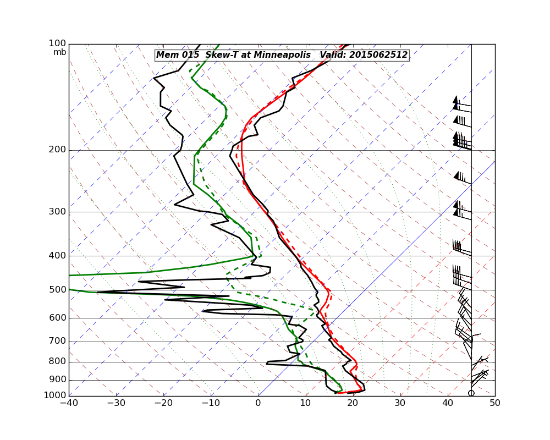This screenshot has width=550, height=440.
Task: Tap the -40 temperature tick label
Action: point(69,403)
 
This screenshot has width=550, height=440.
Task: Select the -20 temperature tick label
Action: point(163,403)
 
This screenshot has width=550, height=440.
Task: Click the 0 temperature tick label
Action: point(258,403)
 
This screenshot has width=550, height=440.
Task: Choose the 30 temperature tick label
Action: point(400,403)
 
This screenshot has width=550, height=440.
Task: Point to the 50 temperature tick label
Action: point(495,403)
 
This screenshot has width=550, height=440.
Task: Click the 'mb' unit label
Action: point(59,52)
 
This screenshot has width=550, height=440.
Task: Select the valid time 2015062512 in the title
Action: point(385,55)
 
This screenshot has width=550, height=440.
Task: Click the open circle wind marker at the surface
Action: point(471,393)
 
